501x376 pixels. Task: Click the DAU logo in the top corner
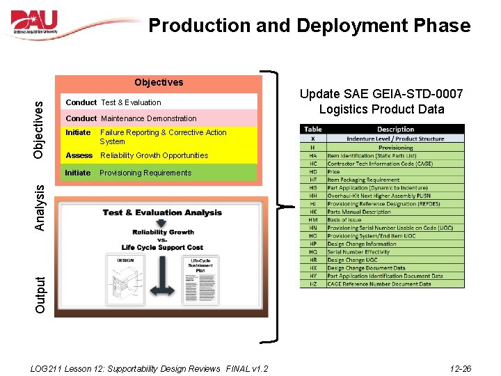(x=44, y=24)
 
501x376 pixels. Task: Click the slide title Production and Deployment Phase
(x=310, y=26)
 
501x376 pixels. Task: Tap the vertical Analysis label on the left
(x=40, y=207)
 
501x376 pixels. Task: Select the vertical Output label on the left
(x=40, y=295)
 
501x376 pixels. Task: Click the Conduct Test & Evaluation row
(x=113, y=102)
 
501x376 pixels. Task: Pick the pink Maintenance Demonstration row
(x=132, y=118)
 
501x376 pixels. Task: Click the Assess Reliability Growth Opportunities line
(x=137, y=155)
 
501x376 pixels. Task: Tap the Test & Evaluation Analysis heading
(x=162, y=213)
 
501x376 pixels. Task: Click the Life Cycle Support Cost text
(x=161, y=247)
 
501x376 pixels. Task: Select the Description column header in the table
(x=395, y=129)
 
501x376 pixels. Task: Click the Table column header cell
(x=312, y=129)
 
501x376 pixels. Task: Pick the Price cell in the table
(x=334, y=171)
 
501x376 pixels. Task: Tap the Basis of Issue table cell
(x=345, y=220)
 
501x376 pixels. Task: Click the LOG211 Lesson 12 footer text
(x=150, y=368)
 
